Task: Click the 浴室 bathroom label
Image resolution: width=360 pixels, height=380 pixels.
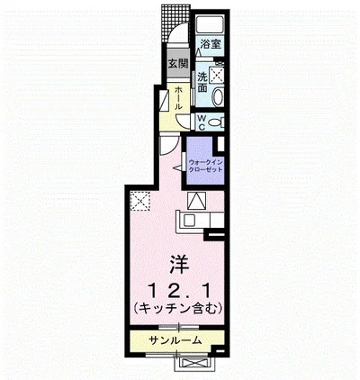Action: click(x=211, y=43)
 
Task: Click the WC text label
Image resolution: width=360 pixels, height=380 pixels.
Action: click(x=202, y=122)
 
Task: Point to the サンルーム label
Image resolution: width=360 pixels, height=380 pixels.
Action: click(x=175, y=340)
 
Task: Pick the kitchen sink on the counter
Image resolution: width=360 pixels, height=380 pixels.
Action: click(x=192, y=220)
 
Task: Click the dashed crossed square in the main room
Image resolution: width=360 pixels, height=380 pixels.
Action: click(x=140, y=202)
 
